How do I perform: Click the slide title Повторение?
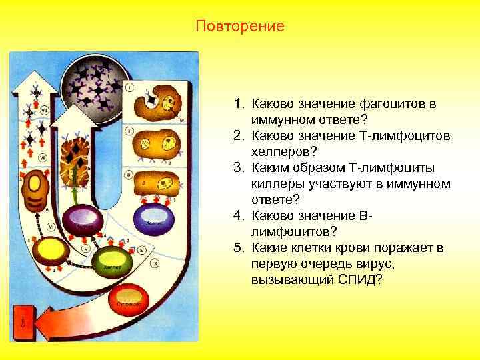pyautogui.click(x=240, y=27)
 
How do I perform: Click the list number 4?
pyautogui.click(x=238, y=215)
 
